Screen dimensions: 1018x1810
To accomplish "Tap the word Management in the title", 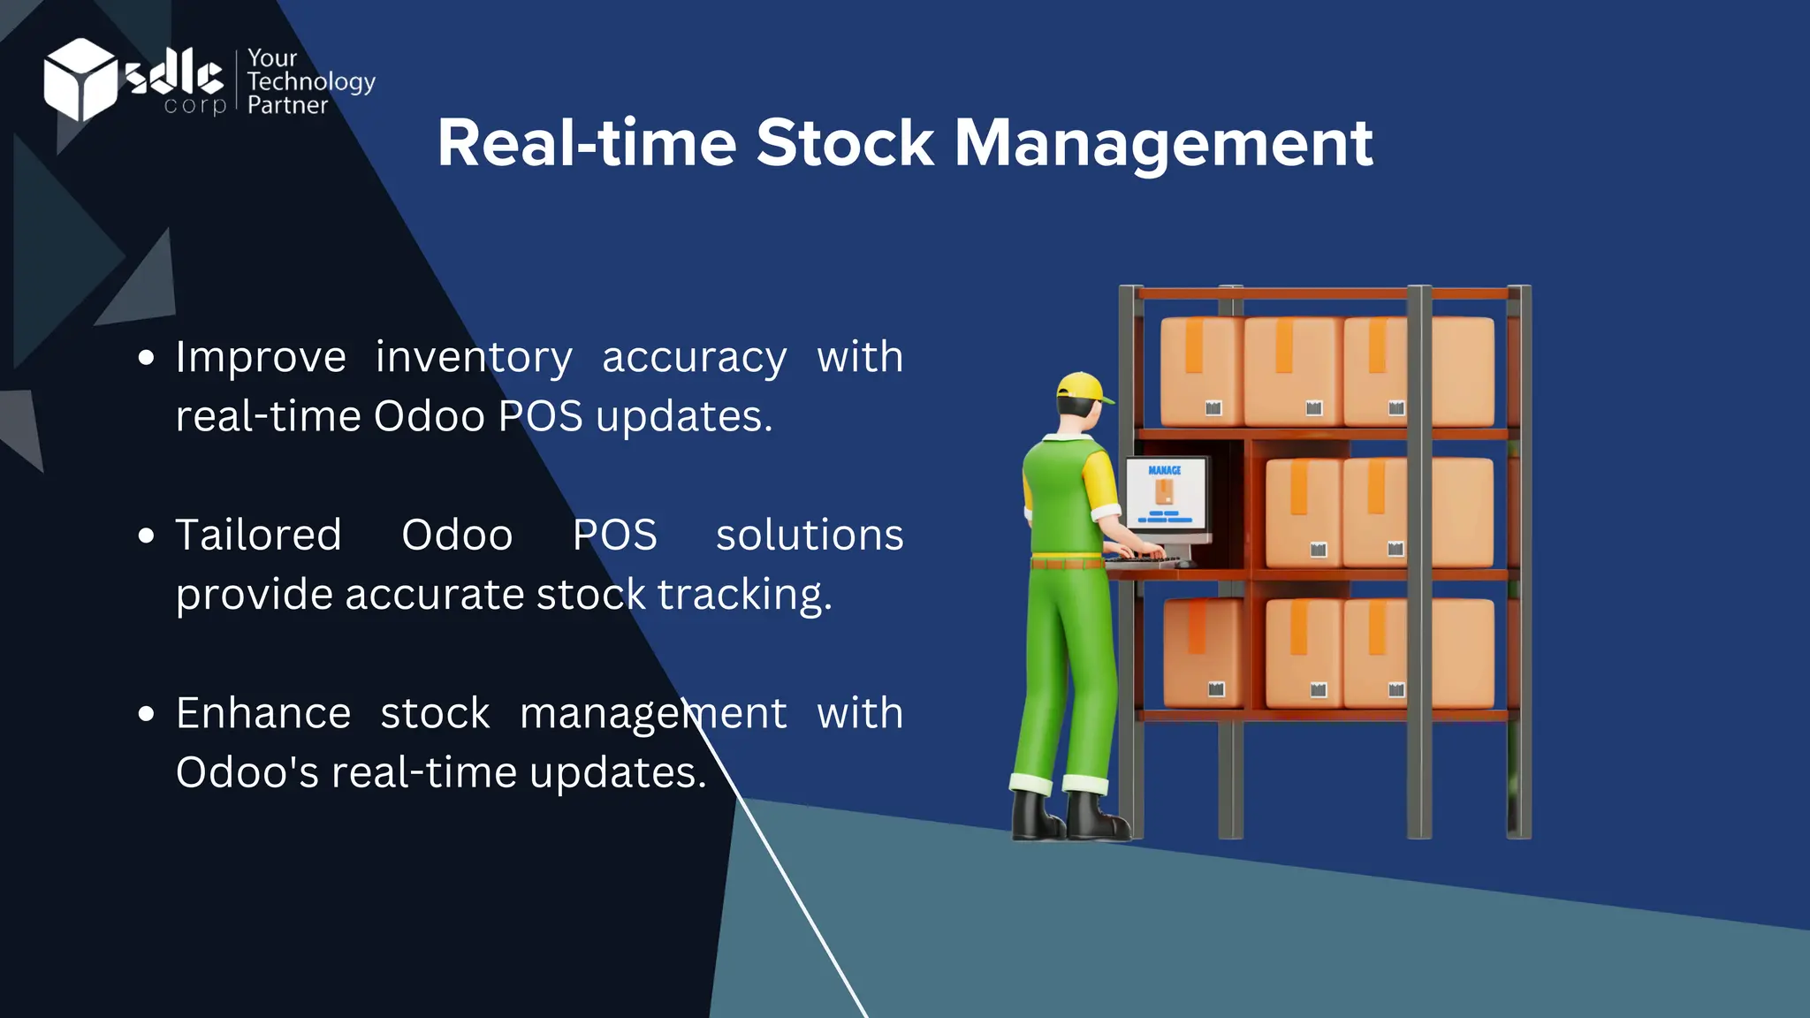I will (x=1163, y=143).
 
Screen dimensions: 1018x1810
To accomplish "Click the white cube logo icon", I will (x=80, y=79).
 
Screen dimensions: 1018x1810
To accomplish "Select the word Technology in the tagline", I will (x=311, y=82).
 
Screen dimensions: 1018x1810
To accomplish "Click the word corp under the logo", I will (x=195, y=105).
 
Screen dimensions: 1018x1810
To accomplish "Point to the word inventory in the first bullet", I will (x=474, y=358).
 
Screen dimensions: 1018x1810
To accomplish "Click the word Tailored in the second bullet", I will (x=258, y=535).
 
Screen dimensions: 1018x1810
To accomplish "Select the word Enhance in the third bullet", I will (x=263, y=713).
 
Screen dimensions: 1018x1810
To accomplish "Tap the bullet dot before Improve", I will (x=147, y=358).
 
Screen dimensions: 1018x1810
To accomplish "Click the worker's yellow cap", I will (x=1084, y=388).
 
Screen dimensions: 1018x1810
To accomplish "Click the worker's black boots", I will (x=1069, y=817).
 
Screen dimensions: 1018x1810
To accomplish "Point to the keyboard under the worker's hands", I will (x=1145, y=558).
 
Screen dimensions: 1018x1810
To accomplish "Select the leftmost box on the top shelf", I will (x=1200, y=371).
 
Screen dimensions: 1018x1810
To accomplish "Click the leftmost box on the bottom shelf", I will (x=1202, y=652).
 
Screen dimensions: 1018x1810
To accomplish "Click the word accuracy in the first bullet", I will (x=694, y=358).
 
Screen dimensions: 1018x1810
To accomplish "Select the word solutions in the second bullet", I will (x=810, y=535).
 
